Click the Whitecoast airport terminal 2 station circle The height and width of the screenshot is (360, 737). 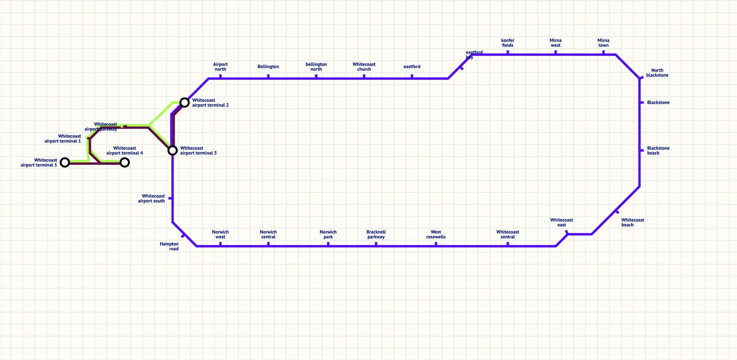185,102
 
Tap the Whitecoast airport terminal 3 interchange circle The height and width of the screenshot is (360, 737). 172,150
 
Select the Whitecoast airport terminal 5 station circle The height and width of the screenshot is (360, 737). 65,162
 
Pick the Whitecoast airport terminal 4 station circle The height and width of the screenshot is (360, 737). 125,162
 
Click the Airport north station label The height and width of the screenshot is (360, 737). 220,67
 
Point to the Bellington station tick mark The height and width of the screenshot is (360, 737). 268,77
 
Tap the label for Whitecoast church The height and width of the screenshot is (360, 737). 364,67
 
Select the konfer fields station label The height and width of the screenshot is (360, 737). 507,43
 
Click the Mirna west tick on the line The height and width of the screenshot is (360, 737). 556,53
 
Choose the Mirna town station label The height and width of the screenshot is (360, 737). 603,43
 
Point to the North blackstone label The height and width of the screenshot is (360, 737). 657,73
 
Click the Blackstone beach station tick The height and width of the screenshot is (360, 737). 642,150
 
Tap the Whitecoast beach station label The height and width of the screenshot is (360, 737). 633,222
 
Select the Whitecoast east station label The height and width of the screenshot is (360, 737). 562,222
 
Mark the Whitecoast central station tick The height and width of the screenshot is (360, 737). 508,244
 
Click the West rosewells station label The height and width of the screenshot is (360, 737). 436,234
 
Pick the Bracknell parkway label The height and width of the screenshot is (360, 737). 376,234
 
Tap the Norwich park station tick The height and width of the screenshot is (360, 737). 328,244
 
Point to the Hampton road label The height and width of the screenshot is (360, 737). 169,246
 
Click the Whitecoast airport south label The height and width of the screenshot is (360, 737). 151,198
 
